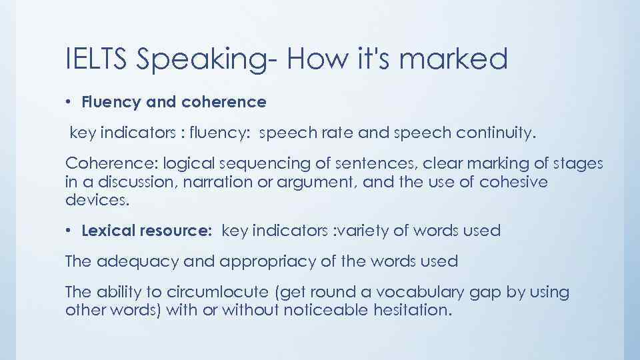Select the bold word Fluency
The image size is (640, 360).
click(108, 102)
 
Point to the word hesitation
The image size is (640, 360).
click(406, 311)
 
